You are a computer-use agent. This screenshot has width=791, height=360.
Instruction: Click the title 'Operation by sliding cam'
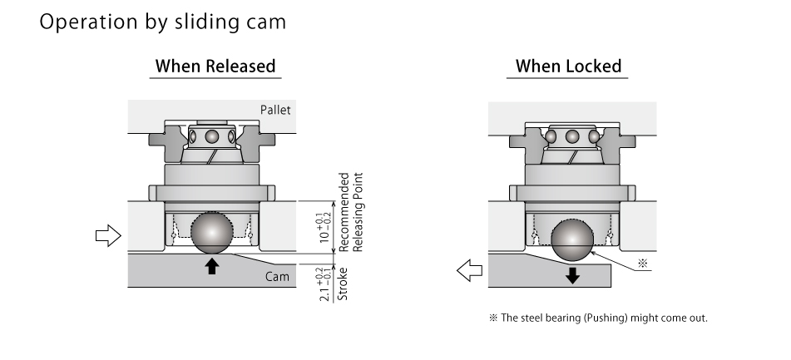point(162,22)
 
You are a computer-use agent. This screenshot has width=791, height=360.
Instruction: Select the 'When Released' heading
point(215,66)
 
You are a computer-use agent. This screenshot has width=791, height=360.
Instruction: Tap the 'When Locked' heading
point(569,66)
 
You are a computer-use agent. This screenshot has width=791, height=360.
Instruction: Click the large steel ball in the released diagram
point(213,233)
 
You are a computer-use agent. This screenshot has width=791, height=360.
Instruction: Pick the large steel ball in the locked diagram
point(571,242)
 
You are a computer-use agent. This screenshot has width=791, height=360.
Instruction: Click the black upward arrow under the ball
point(213,266)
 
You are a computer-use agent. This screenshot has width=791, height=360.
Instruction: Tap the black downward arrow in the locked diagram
point(572,275)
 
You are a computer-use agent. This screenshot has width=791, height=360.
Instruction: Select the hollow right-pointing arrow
point(109,236)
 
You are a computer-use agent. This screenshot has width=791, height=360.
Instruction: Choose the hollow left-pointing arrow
point(470,269)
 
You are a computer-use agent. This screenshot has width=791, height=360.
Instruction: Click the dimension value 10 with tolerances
point(324,226)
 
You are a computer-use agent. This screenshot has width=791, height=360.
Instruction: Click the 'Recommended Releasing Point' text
point(352,213)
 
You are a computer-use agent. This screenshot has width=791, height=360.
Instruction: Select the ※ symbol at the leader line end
point(641,264)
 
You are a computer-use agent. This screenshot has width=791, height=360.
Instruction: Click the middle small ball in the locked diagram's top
point(571,136)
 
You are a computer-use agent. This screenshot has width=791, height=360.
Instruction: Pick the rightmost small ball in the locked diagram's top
point(593,136)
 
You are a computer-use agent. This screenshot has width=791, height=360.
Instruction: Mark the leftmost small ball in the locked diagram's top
point(551,136)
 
